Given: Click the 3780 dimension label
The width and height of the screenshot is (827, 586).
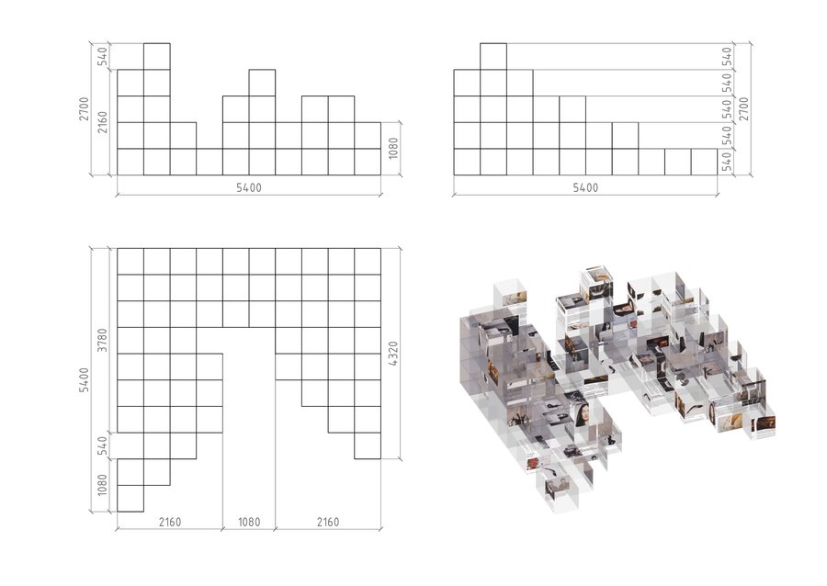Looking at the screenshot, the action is (x=102, y=340).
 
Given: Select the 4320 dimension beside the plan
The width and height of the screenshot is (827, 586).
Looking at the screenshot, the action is (x=393, y=353).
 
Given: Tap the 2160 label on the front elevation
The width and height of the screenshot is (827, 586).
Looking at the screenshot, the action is (x=102, y=122).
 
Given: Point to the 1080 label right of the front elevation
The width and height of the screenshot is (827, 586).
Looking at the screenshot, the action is (x=393, y=148).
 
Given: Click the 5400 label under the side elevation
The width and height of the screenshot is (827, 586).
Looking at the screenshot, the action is (x=585, y=187).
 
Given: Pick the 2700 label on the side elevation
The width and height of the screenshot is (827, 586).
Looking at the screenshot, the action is (x=743, y=108).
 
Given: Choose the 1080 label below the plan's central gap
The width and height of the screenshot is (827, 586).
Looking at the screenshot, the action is (x=249, y=522).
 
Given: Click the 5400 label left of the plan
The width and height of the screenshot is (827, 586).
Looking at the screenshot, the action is (x=85, y=379).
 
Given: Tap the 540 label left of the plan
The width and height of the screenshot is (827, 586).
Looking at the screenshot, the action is (x=102, y=445).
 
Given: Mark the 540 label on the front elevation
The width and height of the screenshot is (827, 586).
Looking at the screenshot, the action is (x=102, y=56).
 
